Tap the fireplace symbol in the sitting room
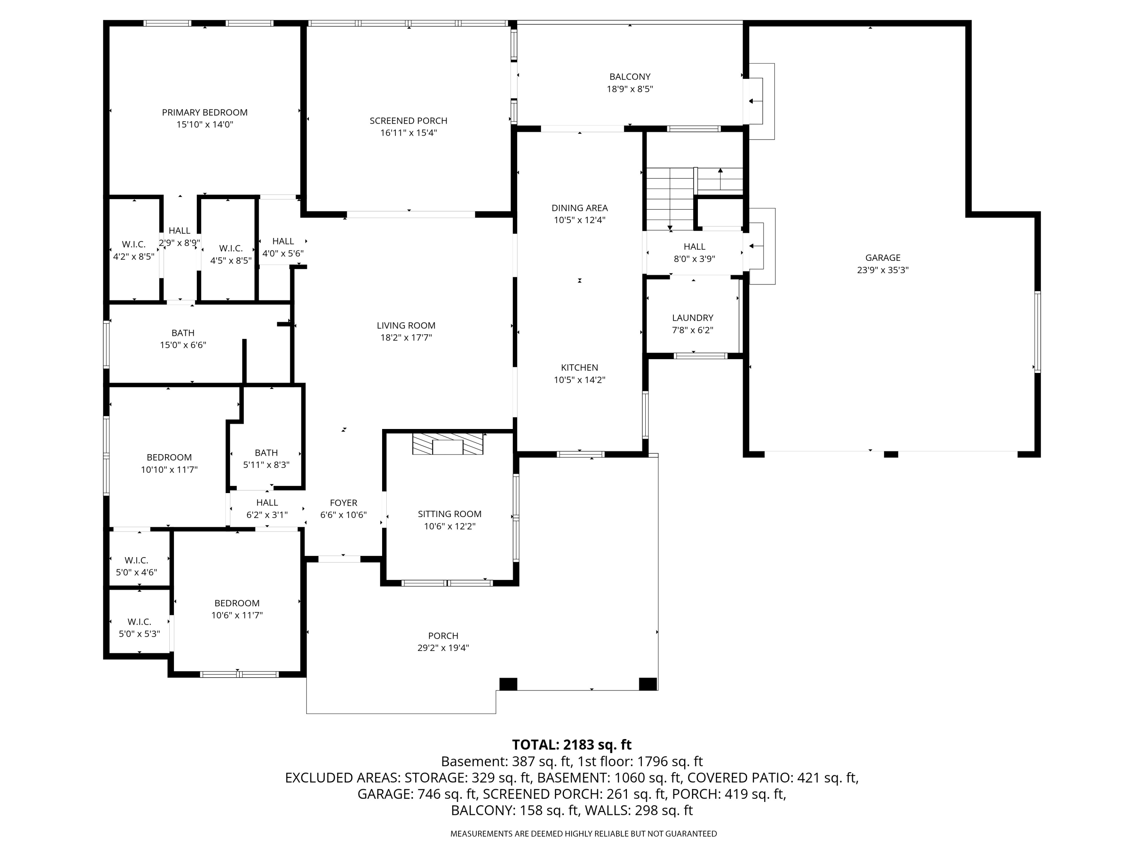coord(447,444)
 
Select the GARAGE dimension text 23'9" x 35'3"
coord(883,270)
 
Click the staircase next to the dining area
coord(670,199)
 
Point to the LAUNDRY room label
coord(693,318)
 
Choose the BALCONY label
coord(630,77)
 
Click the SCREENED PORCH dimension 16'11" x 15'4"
coord(408,133)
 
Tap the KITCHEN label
coord(579,368)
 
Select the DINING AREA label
coord(579,208)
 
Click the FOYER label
coord(344,503)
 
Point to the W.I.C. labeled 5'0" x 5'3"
coord(139,628)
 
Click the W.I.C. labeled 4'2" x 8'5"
coord(133,250)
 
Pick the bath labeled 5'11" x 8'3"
coord(266,459)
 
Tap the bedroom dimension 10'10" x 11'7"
coord(169,469)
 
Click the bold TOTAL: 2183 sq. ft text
coord(572,745)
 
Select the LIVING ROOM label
coord(406,326)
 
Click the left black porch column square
coord(508,684)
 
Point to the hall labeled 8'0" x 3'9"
coord(694,253)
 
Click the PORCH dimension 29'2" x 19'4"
coord(443,648)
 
